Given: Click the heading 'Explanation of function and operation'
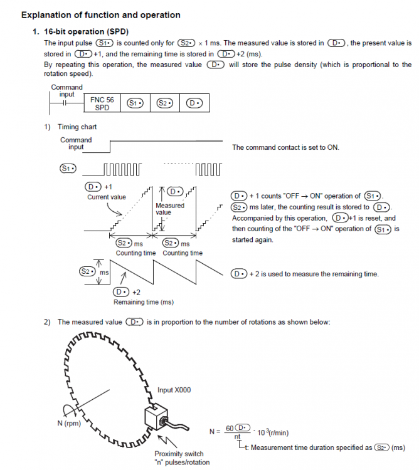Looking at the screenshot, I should (100, 15).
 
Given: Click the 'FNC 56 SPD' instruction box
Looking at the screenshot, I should (102, 103).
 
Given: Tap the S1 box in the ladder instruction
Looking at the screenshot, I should (134, 103).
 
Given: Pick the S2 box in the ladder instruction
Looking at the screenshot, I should (164, 103).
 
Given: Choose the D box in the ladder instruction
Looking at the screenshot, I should (194, 103).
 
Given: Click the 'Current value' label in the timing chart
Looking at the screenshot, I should (106, 197).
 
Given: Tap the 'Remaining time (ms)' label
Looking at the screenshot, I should (143, 302).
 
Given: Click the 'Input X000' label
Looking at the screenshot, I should (174, 390).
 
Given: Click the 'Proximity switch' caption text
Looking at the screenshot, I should (178, 454).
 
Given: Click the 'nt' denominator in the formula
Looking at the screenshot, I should (237, 437).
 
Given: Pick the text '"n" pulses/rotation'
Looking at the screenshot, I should (182, 462).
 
